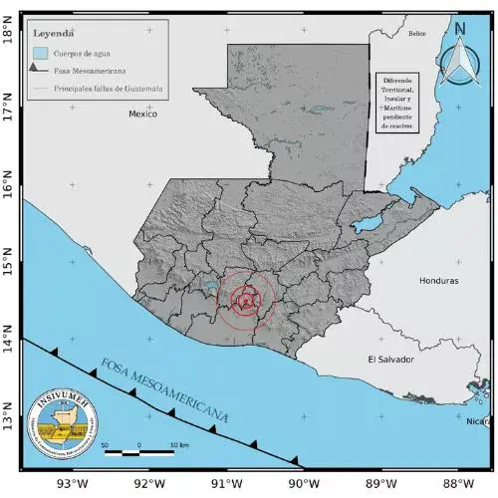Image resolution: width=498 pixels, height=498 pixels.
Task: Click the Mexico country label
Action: tap(143, 115)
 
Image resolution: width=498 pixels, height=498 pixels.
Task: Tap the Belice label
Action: tap(416, 34)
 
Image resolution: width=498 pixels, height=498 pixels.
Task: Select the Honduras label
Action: tap(439, 281)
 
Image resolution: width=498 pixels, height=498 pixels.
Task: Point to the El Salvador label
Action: tap(389, 359)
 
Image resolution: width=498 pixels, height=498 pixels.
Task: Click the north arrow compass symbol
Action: tap(460, 60)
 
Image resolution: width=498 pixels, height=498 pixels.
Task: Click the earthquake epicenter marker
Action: tap(246, 300)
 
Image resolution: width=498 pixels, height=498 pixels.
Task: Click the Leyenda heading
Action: tap(55, 33)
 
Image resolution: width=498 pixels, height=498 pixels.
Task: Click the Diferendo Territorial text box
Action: tap(396, 104)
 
